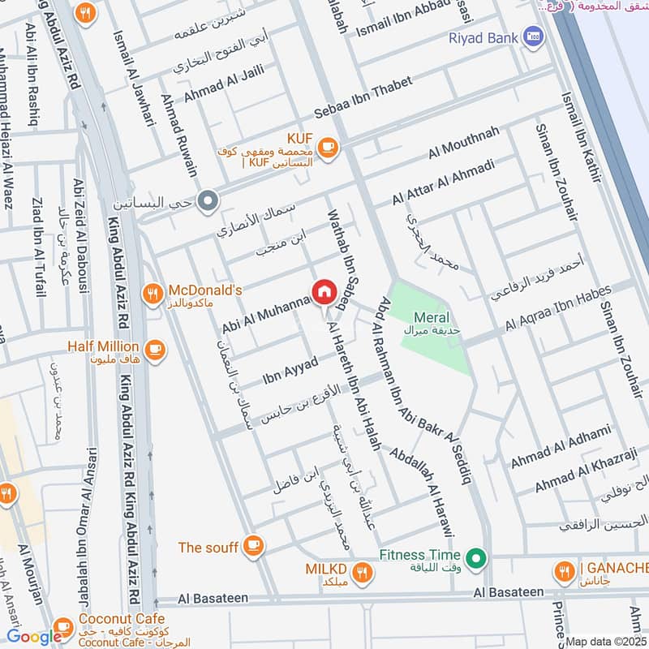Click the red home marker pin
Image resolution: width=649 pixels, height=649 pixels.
[323, 292]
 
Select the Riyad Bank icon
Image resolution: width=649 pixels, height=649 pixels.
[533, 37]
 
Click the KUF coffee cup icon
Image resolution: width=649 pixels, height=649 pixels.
[327, 146]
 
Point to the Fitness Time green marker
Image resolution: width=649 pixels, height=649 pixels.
[479, 558]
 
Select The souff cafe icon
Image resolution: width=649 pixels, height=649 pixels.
[254, 547]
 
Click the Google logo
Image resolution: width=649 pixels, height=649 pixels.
[34, 637]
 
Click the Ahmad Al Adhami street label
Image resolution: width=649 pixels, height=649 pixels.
[559, 447]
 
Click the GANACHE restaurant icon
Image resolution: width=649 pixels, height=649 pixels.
[564, 574]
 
